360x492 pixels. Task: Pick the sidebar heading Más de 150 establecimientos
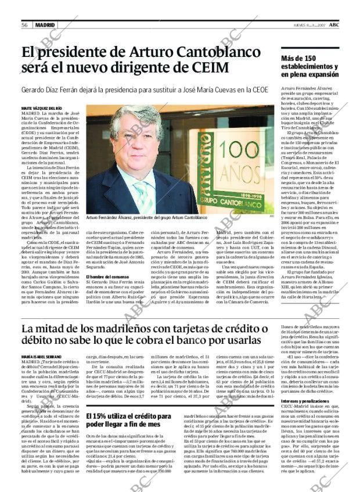(309, 66)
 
